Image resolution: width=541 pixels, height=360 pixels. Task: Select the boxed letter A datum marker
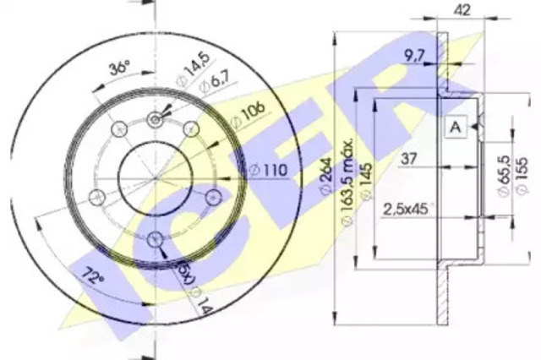(456, 128)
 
